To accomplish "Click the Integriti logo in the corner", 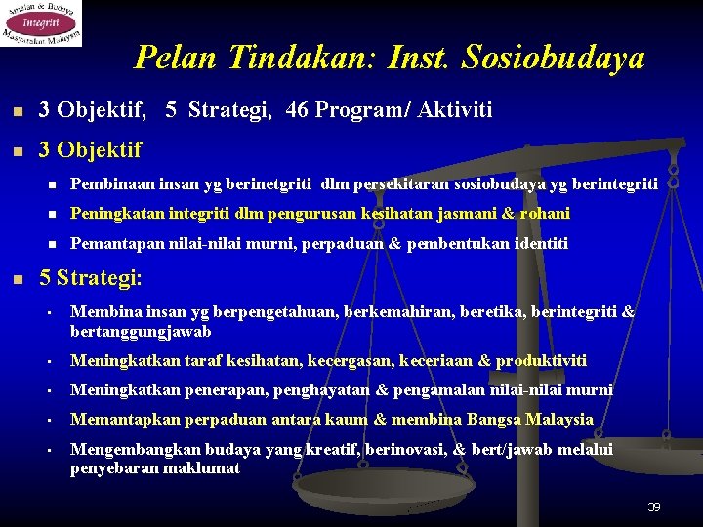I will tap(41, 23).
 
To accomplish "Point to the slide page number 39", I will tap(653, 507).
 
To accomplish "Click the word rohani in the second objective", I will tap(546, 213).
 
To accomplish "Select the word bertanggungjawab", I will tap(141, 331).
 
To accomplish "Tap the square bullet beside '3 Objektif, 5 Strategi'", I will tap(16, 111).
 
